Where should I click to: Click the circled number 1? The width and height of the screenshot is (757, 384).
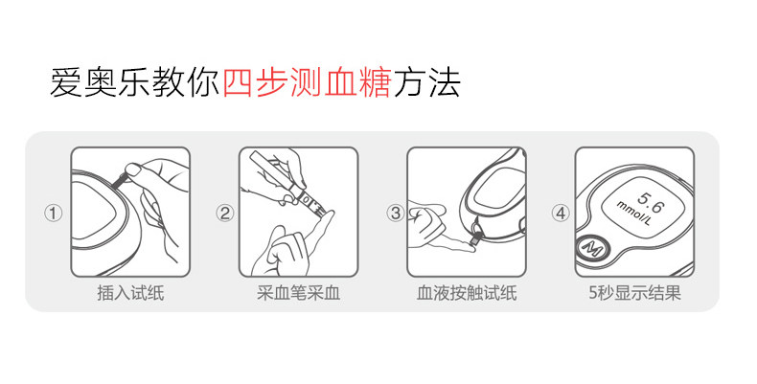(54, 213)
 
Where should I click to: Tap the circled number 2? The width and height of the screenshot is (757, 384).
(224, 213)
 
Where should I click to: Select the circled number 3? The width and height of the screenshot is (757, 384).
(396, 213)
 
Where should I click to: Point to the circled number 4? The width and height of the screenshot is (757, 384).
(561, 213)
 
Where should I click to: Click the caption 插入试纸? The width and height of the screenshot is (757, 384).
(130, 293)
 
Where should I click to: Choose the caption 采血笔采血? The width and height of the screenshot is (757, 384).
(298, 293)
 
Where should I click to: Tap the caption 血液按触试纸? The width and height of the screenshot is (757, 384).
(467, 293)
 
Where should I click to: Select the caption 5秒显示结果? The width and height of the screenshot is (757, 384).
(634, 293)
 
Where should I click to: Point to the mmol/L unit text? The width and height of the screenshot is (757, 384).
(634, 214)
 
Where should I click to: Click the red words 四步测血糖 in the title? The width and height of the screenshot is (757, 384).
(307, 82)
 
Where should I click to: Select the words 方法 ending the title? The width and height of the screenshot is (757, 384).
(426, 82)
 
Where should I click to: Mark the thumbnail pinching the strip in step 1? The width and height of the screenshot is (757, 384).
(133, 169)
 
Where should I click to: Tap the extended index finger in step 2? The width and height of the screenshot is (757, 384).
(320, 232)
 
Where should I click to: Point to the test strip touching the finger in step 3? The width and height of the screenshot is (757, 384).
(474, 239)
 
